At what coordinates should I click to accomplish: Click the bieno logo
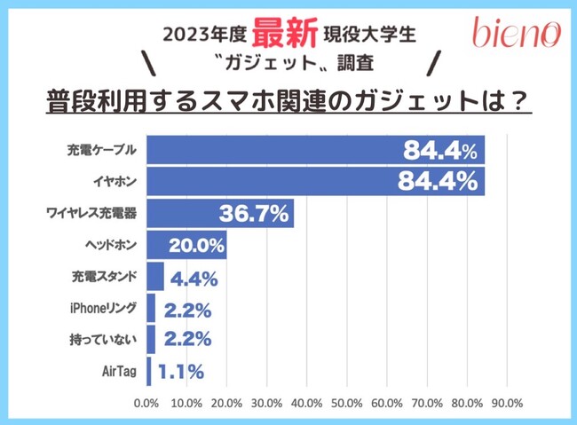coord(516,32)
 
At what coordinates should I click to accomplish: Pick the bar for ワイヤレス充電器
coord(220,214)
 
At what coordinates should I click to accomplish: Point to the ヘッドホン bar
coord(186,244)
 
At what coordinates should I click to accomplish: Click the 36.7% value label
coord(253,214)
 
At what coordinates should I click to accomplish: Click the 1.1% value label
coord(181,370)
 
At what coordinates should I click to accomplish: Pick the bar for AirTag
coord(148,370)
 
